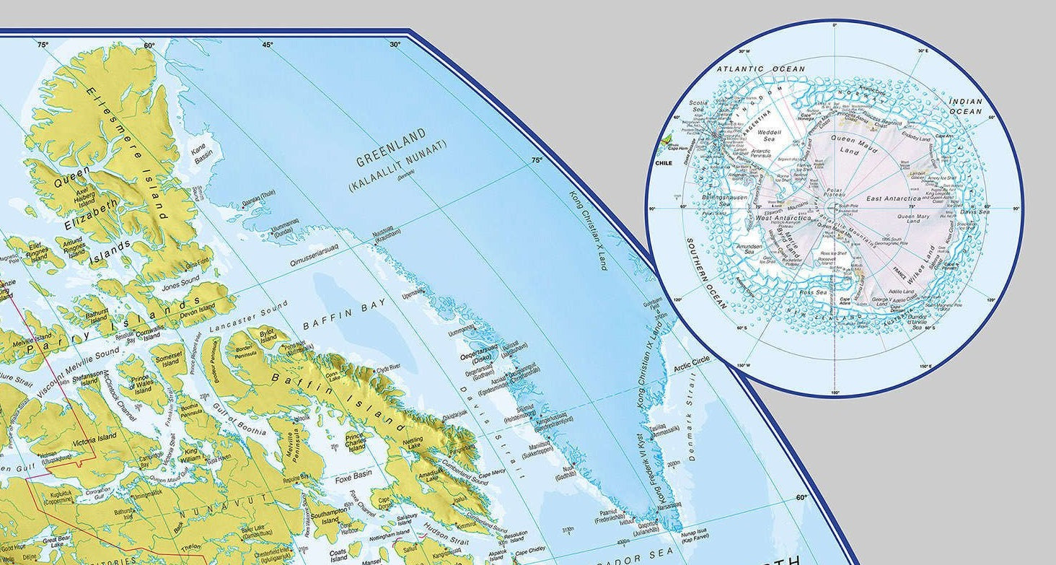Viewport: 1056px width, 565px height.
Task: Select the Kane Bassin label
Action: click(x=203, y=154)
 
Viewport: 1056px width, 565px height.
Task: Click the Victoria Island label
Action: click(x=97, y=439)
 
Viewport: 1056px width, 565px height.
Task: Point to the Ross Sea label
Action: click(x=813, y=292)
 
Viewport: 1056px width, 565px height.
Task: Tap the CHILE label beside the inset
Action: click(x=664, y=163)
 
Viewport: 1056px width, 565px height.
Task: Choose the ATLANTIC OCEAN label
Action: click(x=750, y=69)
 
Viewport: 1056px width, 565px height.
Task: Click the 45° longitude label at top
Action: click(x=268, y=45)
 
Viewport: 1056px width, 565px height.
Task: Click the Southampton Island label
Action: click(x=330, y=517)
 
